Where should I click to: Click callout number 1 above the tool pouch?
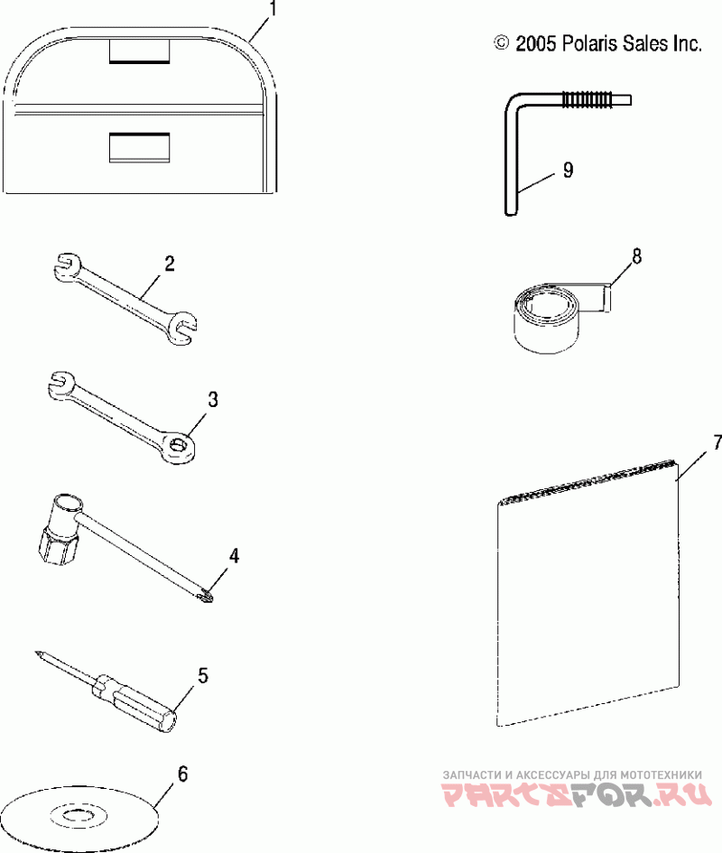click(273, 11)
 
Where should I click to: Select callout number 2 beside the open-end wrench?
click(169, 264)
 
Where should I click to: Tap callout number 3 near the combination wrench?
click(213, 399)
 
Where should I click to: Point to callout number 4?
click(234, 556)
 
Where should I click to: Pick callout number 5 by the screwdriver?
click(203, 674)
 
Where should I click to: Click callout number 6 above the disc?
click(183, 773)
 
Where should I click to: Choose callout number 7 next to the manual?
click(717, 442)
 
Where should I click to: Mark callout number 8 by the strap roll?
click(636, 256)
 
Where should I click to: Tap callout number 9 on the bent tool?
click(567, 169)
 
